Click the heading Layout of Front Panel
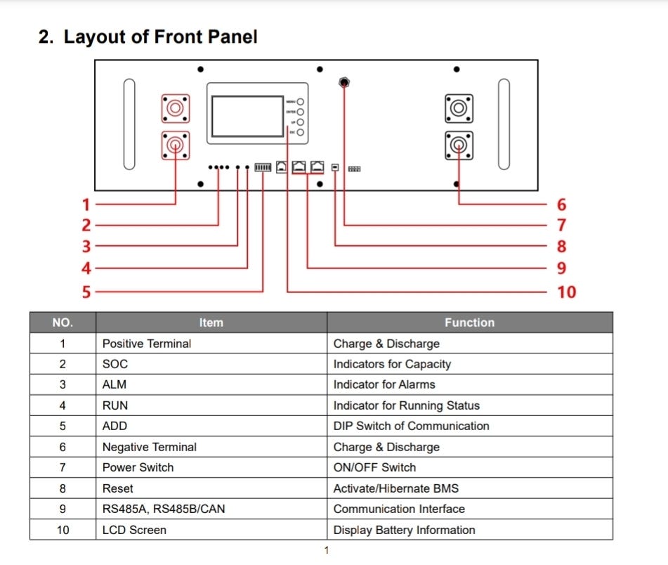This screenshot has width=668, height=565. (148, 37)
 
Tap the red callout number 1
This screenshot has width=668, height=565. (86, 204)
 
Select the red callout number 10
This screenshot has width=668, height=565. (566, 292)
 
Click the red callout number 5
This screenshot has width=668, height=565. (86, 292)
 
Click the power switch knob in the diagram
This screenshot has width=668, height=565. (344, 82)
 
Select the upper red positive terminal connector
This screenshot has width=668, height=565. (175, 108)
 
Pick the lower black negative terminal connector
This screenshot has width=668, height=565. (458, 145)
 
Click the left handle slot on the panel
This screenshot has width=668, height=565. (129, 124)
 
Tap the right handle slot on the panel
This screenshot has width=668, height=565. (503, 124)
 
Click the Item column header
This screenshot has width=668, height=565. (211, 323)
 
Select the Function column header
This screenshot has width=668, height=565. (469, 323)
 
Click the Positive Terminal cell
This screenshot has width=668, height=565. (147, 344)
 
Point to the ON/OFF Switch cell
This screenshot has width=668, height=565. (374, 467)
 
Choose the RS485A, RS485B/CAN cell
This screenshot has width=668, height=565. (164, 509)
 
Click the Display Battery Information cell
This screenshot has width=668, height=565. (404, 530)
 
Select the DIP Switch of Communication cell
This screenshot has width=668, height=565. (411, 426)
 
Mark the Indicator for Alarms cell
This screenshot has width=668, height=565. (384, 384)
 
